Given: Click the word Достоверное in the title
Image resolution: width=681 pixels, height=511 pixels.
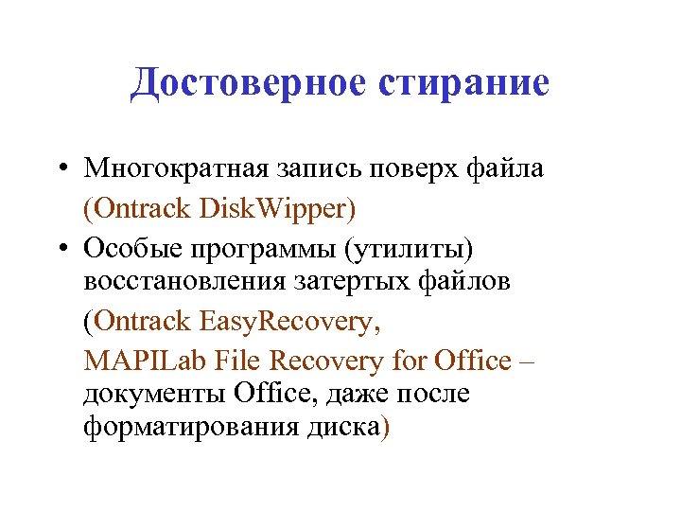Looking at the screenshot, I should click(249, 83).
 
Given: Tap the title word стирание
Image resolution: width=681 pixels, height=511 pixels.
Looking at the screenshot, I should click(463, 83).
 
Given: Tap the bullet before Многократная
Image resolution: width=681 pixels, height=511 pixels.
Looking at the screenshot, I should click(60, 169).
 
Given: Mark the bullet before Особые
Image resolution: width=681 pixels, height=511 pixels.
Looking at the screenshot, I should click(60, 248).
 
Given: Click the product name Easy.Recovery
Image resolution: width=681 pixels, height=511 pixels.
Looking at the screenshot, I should click(290, 322).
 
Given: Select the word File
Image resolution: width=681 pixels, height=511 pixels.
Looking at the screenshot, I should click(237, 361).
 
